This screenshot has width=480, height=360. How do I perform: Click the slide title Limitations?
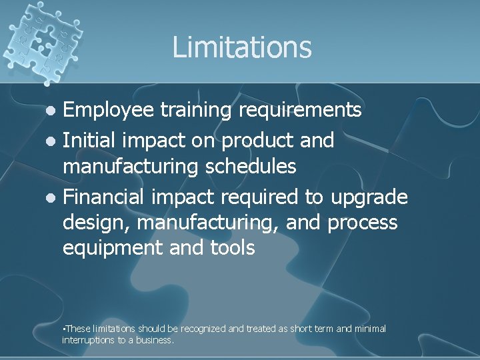pyautogui.click(x=241, y=47)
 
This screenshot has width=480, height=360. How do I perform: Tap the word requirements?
pyautogui.click(x=306, y=110)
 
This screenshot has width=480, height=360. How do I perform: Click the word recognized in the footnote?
pyautogui.click(x=203, y=329)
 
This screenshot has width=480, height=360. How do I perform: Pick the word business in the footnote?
pyautogui.click(x=155, y=340)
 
